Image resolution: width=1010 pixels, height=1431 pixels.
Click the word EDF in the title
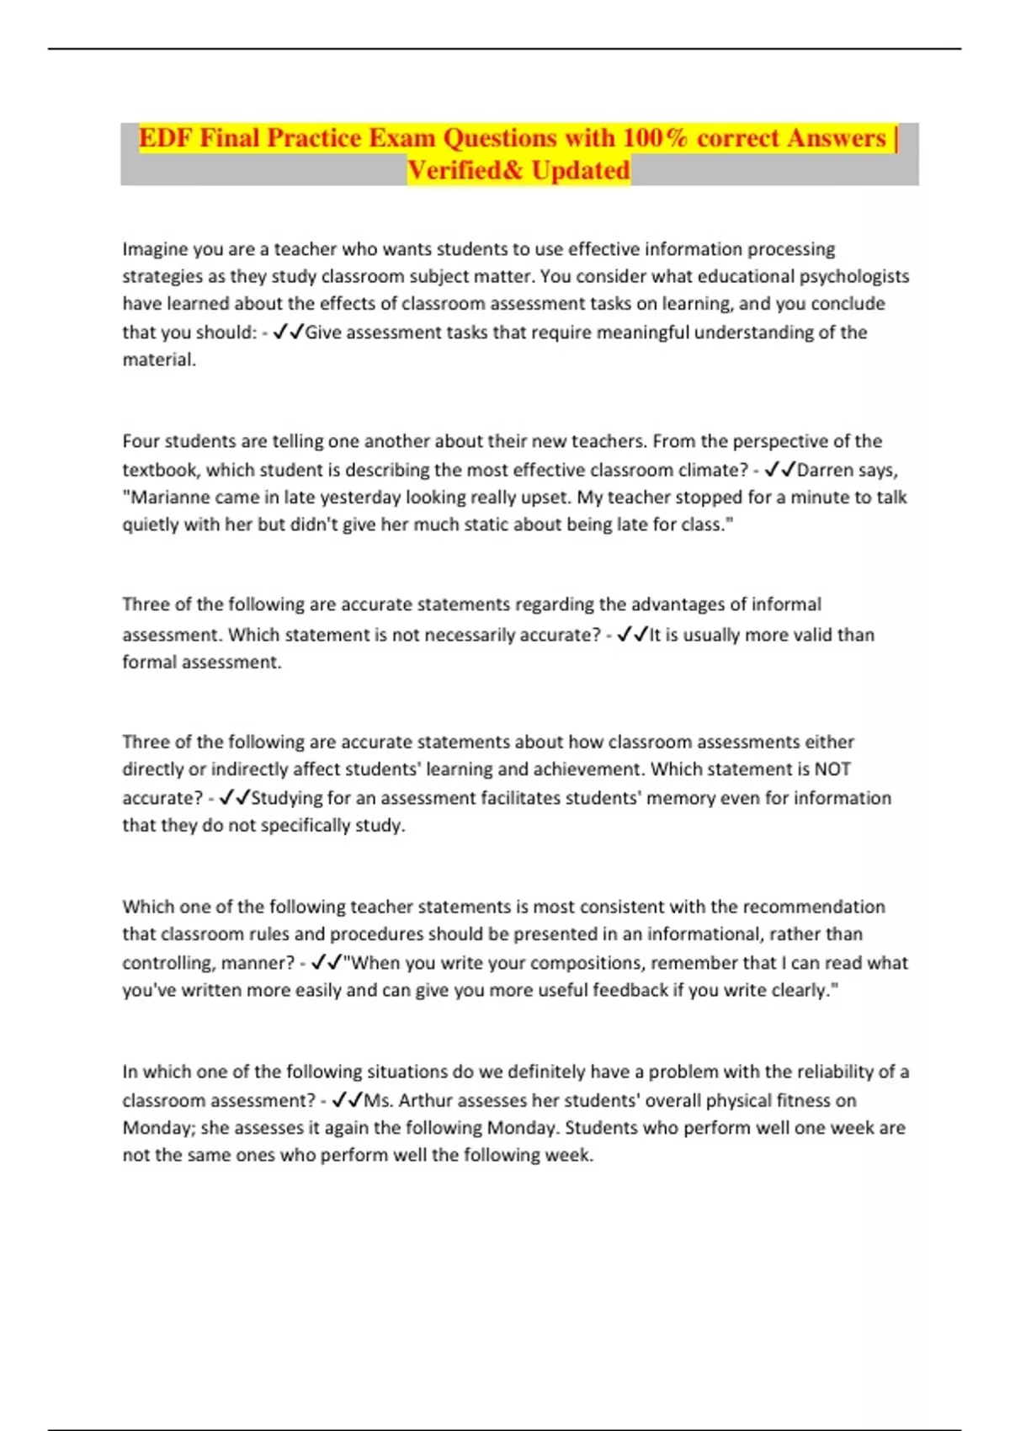click(166, 138)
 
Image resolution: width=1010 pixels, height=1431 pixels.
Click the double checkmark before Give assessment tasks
click(289, 332)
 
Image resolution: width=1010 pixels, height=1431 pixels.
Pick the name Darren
click(826, 470)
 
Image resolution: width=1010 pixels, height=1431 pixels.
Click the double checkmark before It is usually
click(632, 635)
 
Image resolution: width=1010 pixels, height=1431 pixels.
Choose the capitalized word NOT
click(832, 769)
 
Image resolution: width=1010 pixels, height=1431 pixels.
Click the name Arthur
click(427, 1101)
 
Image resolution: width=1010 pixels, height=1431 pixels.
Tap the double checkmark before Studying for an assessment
click(234, 798)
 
